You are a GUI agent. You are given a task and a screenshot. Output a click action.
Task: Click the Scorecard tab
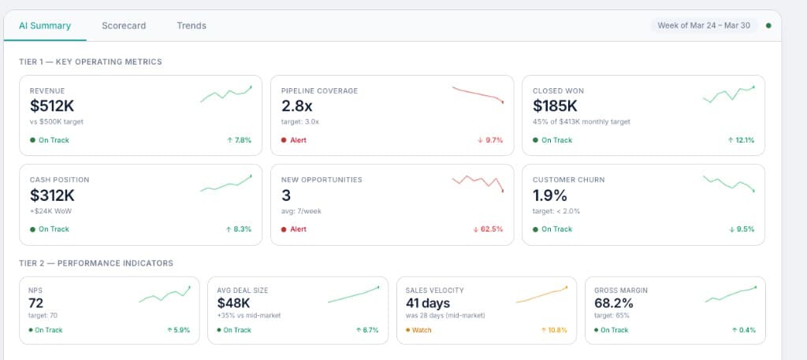pos(124,25)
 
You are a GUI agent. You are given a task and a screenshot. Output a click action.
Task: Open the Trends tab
pos(192,25)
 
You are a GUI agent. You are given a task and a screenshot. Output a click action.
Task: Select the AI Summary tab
pos(45,25)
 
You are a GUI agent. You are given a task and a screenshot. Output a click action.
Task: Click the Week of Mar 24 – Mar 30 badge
pos(704,25)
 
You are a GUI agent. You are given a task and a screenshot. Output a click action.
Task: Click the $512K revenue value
pos(52,106)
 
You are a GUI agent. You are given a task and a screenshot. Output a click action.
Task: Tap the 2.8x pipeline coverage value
pos(297,106)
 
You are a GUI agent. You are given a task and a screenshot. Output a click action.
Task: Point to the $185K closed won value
pos(555,106)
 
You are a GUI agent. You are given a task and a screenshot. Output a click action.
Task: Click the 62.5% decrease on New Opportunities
pos(488,229)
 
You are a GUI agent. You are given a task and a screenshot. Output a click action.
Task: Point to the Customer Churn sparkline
pos(728,184)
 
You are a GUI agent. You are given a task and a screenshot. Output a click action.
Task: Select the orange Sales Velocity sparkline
pos(541,295)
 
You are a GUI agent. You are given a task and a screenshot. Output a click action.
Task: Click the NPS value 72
pos(35,302)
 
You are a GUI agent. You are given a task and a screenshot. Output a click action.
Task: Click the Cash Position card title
pos(59,180)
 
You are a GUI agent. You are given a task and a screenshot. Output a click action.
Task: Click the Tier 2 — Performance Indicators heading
pos(96,263)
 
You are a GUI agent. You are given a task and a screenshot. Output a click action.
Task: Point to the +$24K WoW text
pos(50,210)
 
